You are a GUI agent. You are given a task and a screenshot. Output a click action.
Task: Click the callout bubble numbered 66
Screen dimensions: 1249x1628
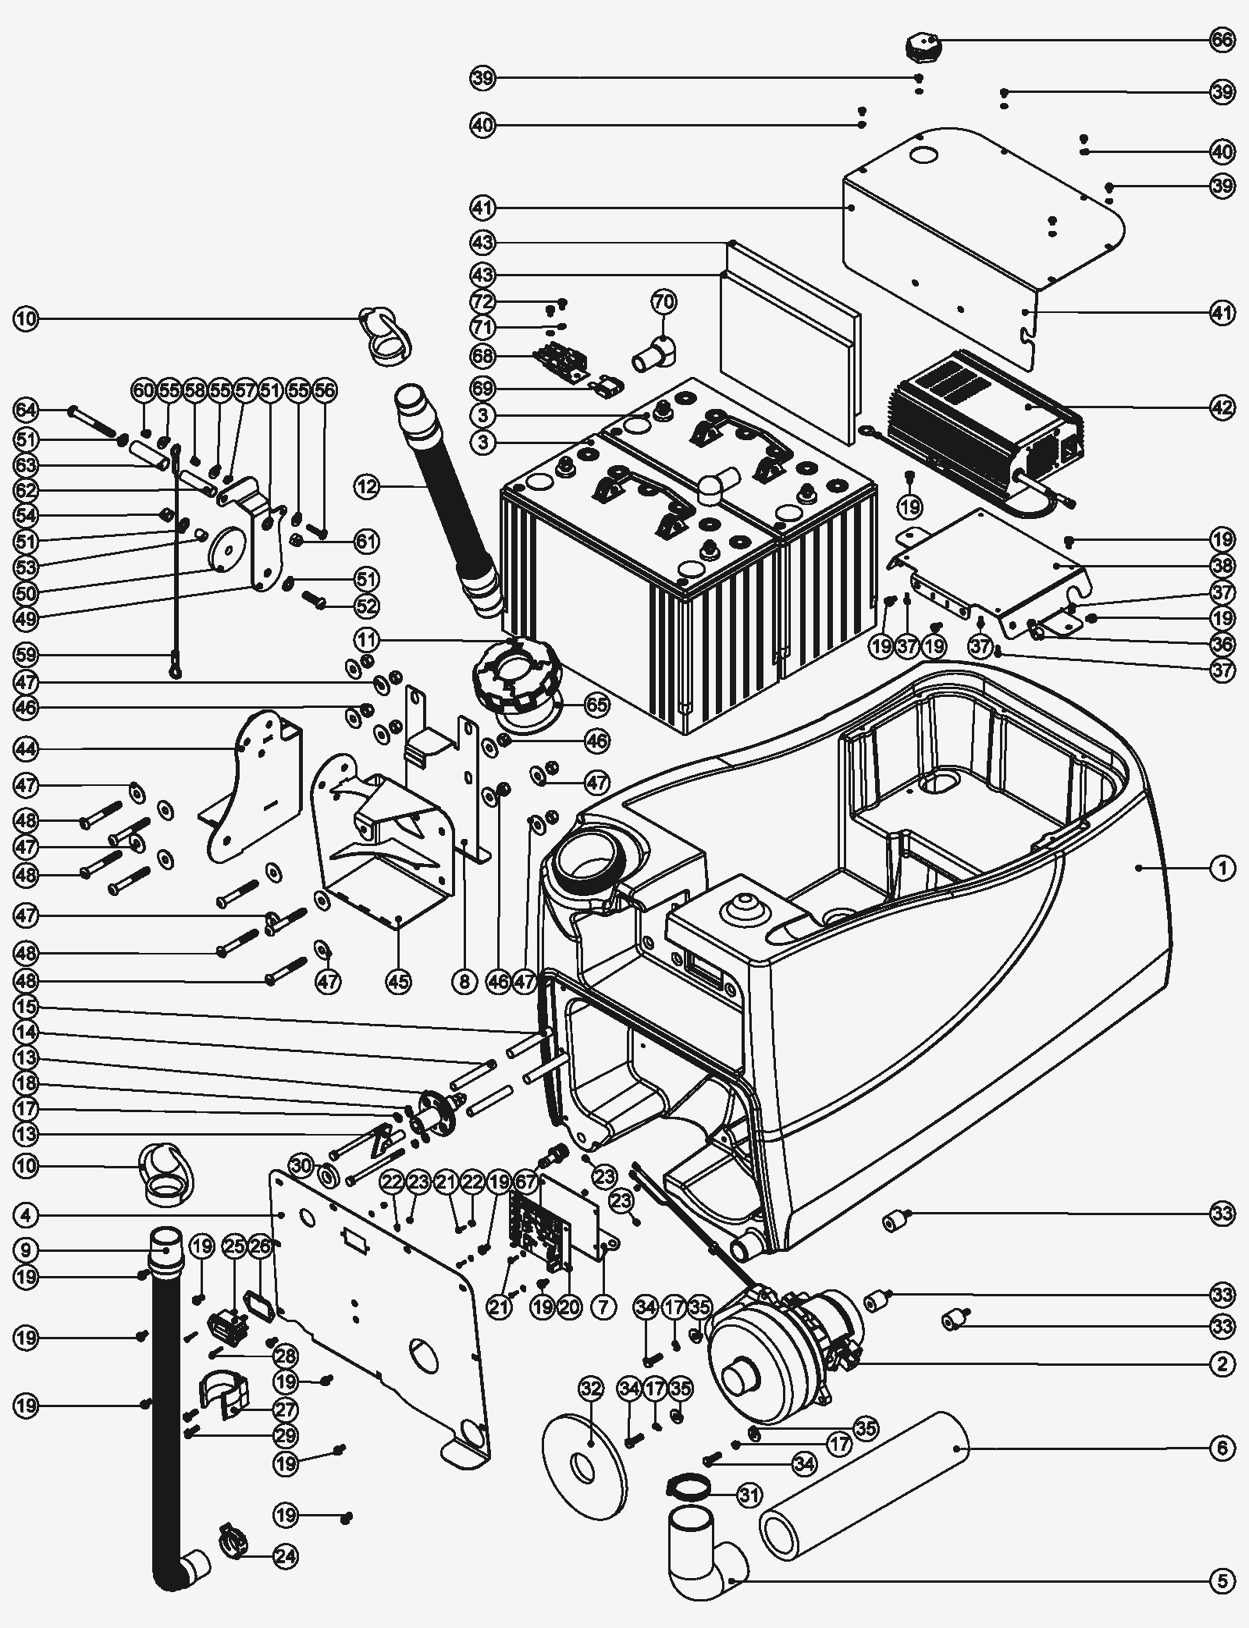click(1222, 40)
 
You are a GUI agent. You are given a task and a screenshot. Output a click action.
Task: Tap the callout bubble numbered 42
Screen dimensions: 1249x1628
click(1222, 407)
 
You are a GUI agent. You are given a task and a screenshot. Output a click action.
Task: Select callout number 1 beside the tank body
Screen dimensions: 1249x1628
click(1222, 868)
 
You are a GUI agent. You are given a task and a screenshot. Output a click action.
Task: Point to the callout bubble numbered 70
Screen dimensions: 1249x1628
click(664, 301)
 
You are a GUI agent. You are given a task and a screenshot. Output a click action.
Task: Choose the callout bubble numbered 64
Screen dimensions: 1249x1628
click(26, 410)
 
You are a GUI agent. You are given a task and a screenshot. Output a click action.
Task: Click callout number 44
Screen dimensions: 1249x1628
click(26, 749)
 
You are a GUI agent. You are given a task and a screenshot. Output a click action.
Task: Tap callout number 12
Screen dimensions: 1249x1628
click(366, 487)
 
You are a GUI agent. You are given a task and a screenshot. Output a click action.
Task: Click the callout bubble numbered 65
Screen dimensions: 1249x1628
click(597, 706)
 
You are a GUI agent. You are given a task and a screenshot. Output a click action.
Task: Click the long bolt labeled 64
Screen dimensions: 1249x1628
click(92, 422)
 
